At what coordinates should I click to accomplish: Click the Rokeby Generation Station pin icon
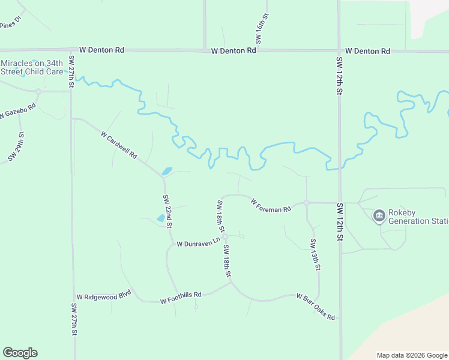379,215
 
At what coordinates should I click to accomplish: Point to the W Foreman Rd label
271,205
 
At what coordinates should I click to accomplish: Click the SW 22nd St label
167,211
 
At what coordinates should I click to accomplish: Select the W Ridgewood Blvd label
103,297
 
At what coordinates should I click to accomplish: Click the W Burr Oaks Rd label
316,307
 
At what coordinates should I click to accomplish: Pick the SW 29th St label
16,146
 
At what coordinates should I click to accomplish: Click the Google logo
20,353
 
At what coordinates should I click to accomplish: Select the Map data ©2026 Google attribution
411,355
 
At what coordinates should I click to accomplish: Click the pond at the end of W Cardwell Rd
166,171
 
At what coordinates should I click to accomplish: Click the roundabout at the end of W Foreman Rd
306,203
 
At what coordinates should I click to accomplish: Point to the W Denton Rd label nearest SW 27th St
101,50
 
